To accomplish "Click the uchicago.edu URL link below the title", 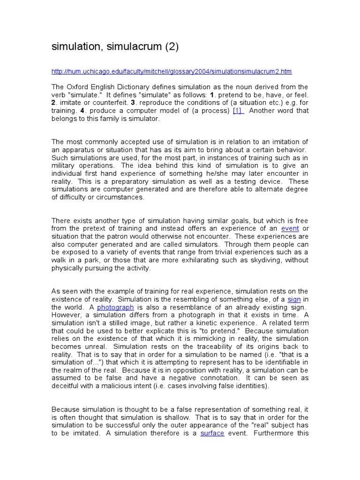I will pos(171,71).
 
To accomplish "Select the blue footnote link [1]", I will pos(238,111).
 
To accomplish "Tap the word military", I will pos(64,165).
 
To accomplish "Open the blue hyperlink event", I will pos(290,228).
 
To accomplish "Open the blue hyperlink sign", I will pos(293,299).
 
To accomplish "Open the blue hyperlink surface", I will pos(212,434).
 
